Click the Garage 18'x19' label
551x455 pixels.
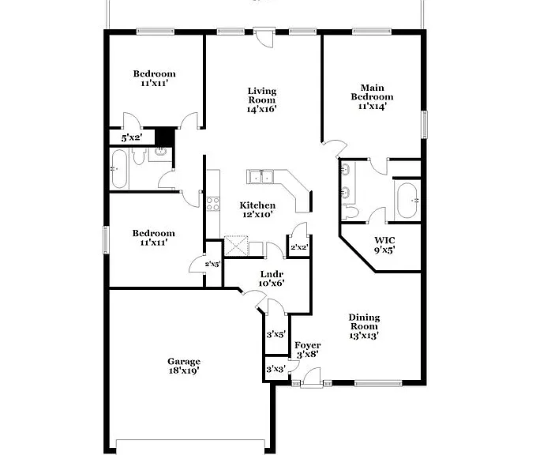click(184, 366)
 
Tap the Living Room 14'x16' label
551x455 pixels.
click(262, 100)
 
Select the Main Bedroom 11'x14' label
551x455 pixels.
click(372, 96)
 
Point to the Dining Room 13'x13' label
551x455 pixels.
click(364, 327)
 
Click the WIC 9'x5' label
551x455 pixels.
click(384, 245)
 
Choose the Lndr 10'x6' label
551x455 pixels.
click(272, 279)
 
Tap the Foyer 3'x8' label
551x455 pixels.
click(308, 350)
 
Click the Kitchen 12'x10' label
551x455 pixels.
click(257, 210)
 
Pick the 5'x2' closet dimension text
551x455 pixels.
click(131, 137)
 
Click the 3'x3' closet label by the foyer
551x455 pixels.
click(275, 369)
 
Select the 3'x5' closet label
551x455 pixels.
click(275, 334)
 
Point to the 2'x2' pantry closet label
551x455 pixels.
click(299, 247)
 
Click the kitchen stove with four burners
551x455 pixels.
click(213, 204)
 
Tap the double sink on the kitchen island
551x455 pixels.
click(261, 177)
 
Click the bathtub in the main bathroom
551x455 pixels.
click(407, 201)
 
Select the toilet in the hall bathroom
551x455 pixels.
click(139, 156)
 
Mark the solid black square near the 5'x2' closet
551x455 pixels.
click(165, 137)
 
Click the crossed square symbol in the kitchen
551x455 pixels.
click(236, 246)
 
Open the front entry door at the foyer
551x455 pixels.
click(312, 378)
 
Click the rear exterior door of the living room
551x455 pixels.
click(264, 38)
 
